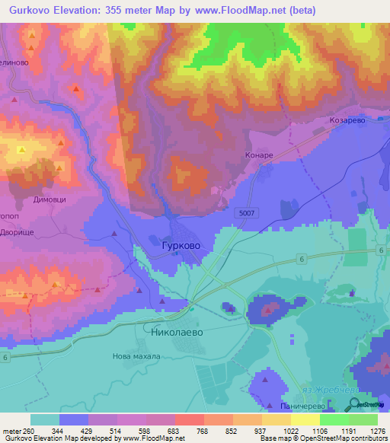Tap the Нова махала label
pos(136,356)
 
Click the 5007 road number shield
pos(245,213)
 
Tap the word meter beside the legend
pos(11,430)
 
